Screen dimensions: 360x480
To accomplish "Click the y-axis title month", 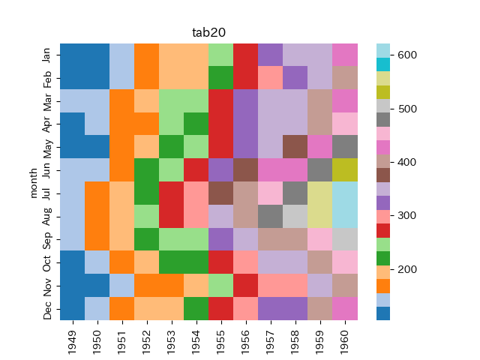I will tap(33, 182).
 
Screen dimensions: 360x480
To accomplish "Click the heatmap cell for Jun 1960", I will tap(345, 170).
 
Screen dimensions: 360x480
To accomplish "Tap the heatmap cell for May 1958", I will tap(295, 147).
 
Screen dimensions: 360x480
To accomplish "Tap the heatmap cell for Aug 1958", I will tap(295, 217).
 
